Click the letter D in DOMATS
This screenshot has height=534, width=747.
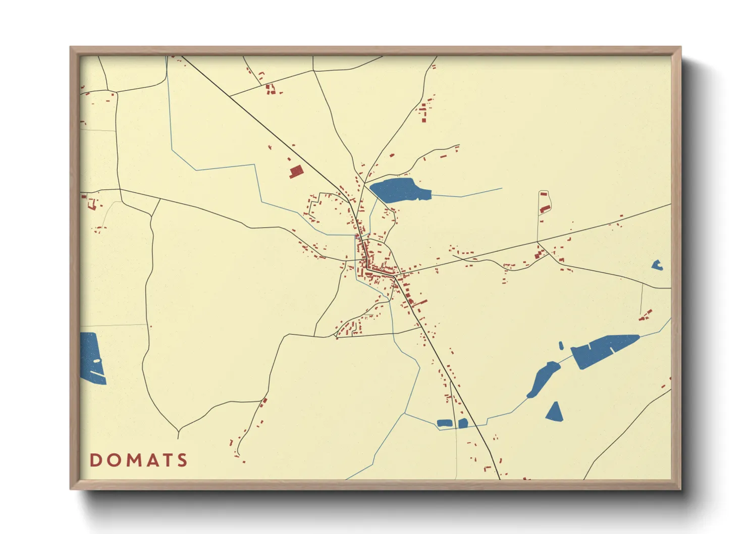coord(95,460)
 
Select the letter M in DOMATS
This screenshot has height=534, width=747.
coord(134,460)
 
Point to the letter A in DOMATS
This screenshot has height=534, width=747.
coord(152,460)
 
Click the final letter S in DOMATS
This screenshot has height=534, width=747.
coord(182,460)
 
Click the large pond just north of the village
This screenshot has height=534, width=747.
coord(399,190)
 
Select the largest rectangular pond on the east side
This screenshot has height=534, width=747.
coord(603,350)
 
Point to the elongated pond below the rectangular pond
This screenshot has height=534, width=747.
coord(542,379)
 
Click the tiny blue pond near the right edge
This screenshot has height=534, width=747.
coord(656,265)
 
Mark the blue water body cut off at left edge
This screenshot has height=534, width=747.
coord(91,358)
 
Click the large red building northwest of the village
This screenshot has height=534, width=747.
coord(295,172)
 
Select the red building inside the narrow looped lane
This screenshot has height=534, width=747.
coord(545,208)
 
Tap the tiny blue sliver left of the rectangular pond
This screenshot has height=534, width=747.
coord(561,346)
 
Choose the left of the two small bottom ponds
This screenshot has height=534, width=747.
coord(444,423)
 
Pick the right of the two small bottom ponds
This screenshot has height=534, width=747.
coord(463,423)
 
